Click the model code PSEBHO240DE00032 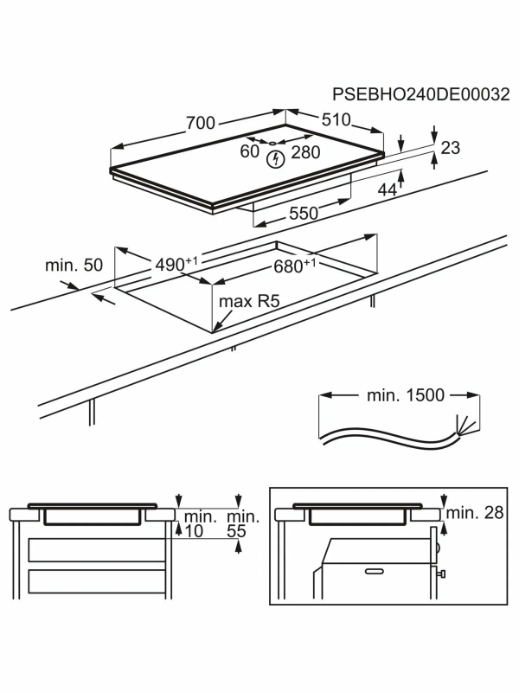(x=420, y=94)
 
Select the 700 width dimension (x=201, y=123)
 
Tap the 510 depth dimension (x=336, y=119)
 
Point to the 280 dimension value (x=305, y=152)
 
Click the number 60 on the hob (x=249, y=151)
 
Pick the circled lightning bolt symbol (x=276, y=160)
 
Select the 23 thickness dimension (x=450, y=148)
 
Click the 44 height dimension (x=388, y=189)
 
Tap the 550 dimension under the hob (x=304, y=214)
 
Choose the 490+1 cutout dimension (x=176, y=265)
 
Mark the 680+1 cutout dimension (x=295, y=266)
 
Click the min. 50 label (x=74, y=266)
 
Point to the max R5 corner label (x=249, y=301)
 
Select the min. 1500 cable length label (x=406, y=395)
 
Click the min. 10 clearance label (x=200, y=524)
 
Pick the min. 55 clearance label (x=242, y=524)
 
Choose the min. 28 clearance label (x=475, y=513)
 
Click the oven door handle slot (x=375, y=572)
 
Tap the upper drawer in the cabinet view (x=97, y=550)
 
